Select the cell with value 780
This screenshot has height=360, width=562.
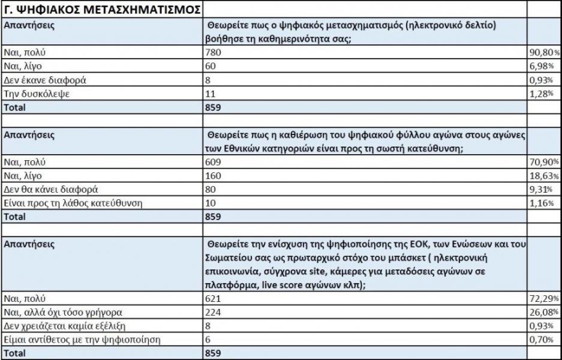coord(213,53)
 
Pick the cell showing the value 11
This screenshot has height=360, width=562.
coord(210,94)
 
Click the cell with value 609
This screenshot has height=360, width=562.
coord(213,162)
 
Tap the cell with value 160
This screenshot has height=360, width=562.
coord(213,175)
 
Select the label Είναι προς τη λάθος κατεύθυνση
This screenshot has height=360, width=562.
coord(73,203)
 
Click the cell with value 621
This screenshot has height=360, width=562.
coord(213,298)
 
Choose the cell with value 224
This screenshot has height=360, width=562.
coord(213,312)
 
